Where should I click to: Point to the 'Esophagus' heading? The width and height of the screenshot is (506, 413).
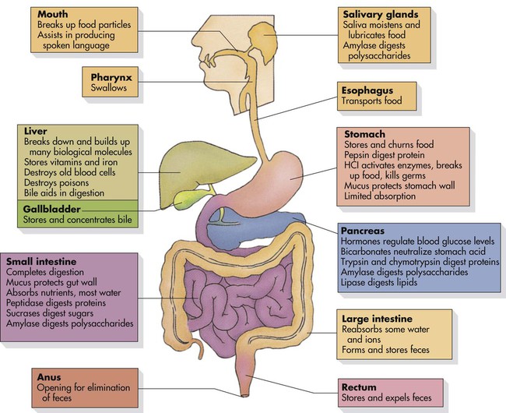click(x=366, y=89)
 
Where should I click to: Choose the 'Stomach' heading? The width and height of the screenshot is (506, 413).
click(x=361, y=134)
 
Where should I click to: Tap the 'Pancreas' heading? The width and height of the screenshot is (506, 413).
click(x=364, y=231)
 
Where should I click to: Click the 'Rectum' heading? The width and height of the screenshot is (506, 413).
click(x=359, y=387)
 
